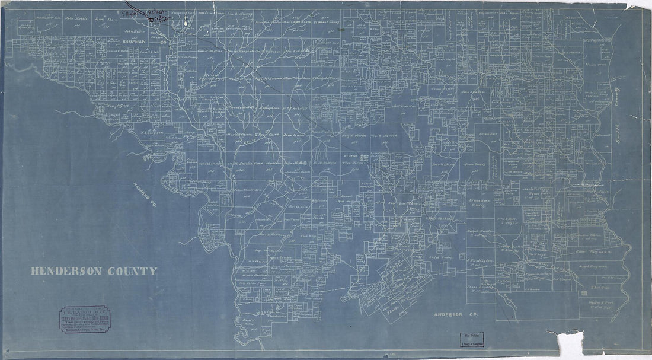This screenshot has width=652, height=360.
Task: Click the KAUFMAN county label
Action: (x=138, y=43)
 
